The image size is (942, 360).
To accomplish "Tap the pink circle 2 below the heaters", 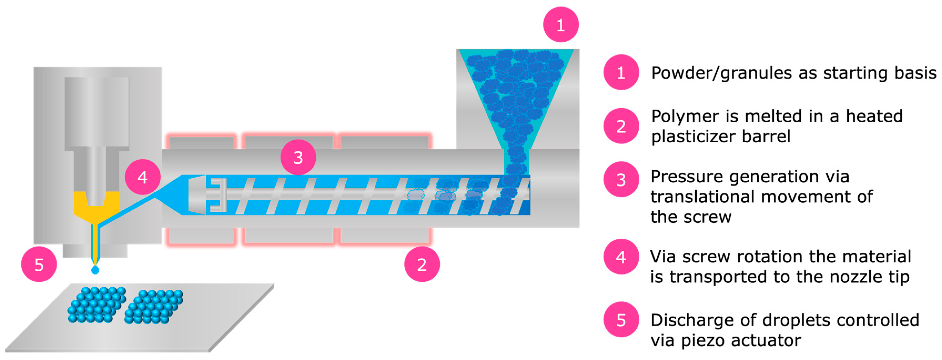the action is [422, 264].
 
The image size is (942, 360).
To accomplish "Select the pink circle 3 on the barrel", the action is [298, 157].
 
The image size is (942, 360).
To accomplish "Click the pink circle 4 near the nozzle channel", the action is [143, 177].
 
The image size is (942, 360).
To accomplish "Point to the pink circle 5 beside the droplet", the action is [39, 264].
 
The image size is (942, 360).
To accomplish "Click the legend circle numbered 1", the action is [621, 72].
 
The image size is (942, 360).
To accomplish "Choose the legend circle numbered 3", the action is [621, 179].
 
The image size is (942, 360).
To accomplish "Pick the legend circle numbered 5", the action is [621, 319].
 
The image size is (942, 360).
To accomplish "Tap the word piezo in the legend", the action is [704, 340].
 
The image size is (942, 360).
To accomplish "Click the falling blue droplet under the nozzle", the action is [95, 270].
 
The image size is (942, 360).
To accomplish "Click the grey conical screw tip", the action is [197, 195].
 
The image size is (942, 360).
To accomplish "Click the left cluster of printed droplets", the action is [97, 305].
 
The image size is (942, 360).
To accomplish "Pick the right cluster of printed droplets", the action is [154, 307].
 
